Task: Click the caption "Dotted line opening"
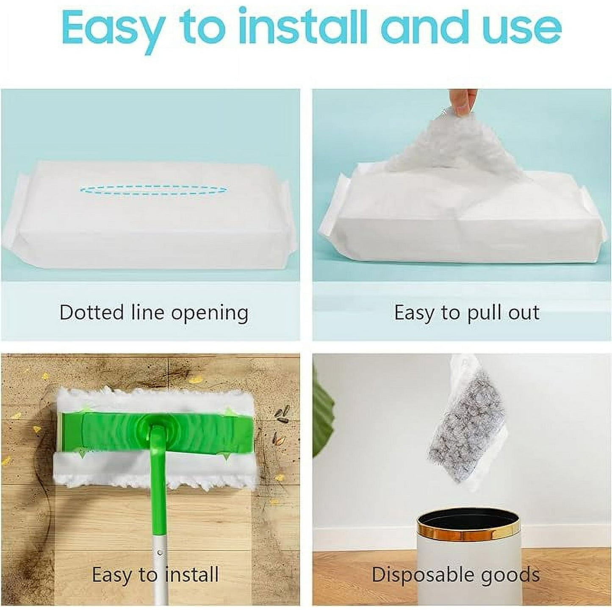coord(154,313)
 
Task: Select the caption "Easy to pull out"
coord(467,313)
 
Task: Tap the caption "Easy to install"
coord(155,575)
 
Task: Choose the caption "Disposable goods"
coord(456,575)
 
